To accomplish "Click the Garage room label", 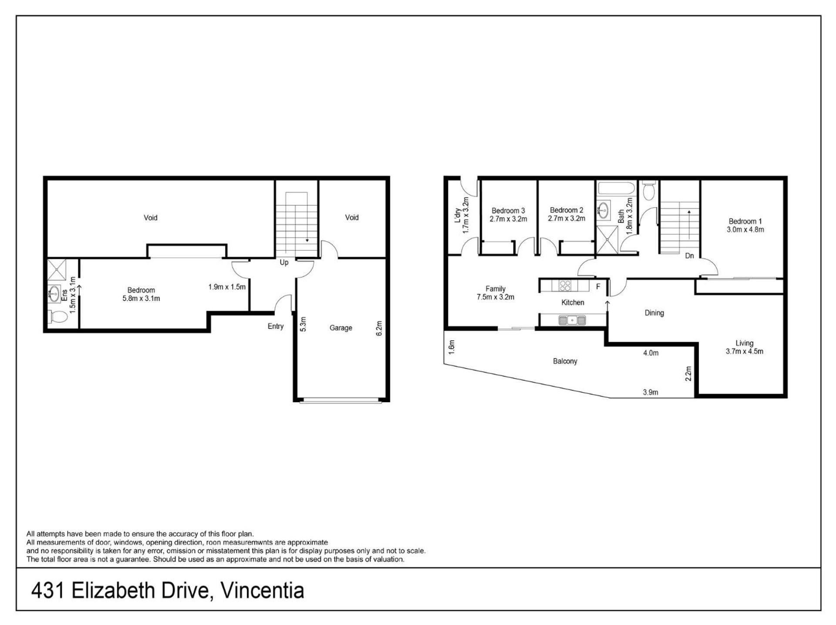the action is tap(340, 328).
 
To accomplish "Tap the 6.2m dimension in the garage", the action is tap(379, 328).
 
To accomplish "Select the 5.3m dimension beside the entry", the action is tap(303, 324).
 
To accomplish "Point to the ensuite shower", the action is tap(57, 270).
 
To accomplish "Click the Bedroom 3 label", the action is tap(508, 211).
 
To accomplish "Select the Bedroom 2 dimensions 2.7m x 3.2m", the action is tap(566, 218).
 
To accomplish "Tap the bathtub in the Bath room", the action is tap(617, 188).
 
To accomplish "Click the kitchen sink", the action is tap(572, 320).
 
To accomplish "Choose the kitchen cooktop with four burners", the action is tap(565, 286).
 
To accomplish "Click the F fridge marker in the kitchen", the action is tap(598, 286).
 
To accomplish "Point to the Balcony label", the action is tap(565, 361).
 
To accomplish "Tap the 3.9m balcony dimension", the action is tap(651, 392).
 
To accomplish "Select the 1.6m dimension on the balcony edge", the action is tap(452, 347).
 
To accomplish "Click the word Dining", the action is tap(654, 313).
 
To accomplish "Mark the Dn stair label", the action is tap(689, 256).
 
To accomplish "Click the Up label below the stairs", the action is tap(284, 262).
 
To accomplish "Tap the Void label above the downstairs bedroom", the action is tap(151, 218).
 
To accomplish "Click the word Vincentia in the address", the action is tap(262, 591).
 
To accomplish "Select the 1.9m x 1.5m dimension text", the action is tap(227, 287).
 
